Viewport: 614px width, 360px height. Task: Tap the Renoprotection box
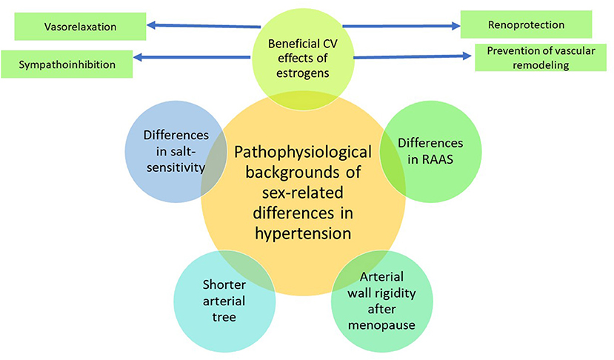pos(526,25)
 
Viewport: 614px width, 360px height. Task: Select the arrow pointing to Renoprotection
pos(400,26)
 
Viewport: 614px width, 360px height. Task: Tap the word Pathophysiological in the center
pos(302,153)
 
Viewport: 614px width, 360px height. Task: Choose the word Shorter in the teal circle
pos(224,284)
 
